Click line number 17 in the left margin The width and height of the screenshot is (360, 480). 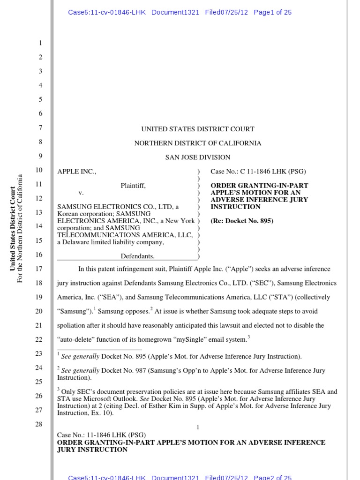tap(38, 269)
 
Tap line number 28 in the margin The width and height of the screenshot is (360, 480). tap(38, 424)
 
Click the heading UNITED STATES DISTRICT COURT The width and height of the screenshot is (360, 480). tap(198, 129)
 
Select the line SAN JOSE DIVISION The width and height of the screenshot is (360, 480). tap(198, 157)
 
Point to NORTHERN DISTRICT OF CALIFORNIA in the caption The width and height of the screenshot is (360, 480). tap(198, 143)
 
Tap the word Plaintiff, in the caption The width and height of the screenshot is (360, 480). tap(133, 186)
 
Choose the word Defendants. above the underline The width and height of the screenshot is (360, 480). tap(137, 256)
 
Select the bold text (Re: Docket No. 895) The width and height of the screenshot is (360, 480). tap(242, 221)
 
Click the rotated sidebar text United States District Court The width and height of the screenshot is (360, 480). tap(13, 228)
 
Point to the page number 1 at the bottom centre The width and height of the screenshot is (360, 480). tap(198, 427)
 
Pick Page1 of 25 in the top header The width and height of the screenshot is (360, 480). tap(272, 12)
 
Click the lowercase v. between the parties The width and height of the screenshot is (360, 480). tap(81, 193)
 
